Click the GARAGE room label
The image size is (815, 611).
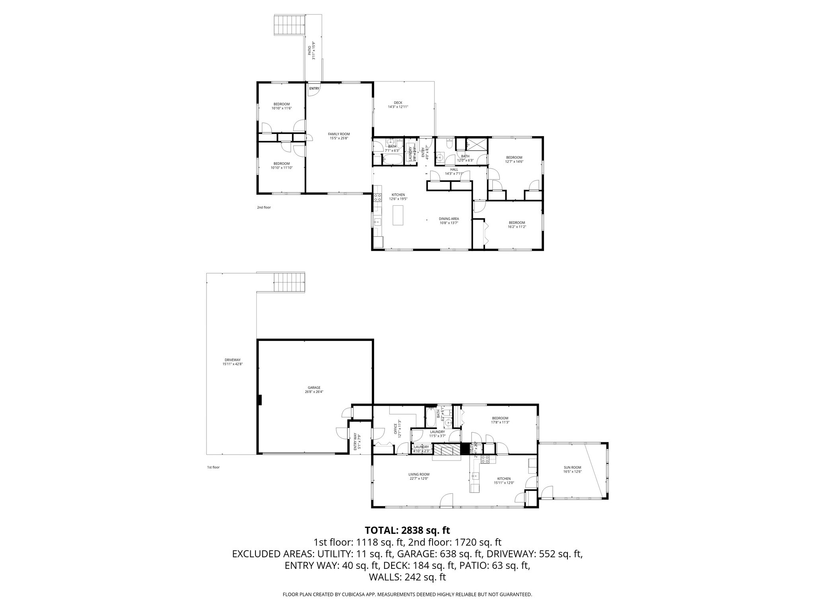[314, 389]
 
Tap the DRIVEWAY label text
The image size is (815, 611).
[232, 362]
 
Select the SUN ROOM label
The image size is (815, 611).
[572, 469]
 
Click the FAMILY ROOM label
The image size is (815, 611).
[339, 136]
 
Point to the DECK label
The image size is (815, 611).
[398, 105]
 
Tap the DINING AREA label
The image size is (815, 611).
[449, 221]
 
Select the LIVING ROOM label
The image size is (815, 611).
[419, 476]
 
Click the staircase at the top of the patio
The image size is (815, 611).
[290, 25]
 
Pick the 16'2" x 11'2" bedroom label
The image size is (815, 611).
[517, 225]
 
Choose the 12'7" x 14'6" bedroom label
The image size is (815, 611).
[514, 160]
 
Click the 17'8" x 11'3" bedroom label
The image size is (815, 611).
[500, 420]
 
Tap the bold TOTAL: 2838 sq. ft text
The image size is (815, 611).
[407, 530]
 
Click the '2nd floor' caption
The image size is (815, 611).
[264, 207]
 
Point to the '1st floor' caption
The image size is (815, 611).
[213, 467]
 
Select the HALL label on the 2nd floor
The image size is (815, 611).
[454, 171]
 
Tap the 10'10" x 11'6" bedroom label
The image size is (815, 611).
[281, 106]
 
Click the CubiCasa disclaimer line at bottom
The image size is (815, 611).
[407, 595]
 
